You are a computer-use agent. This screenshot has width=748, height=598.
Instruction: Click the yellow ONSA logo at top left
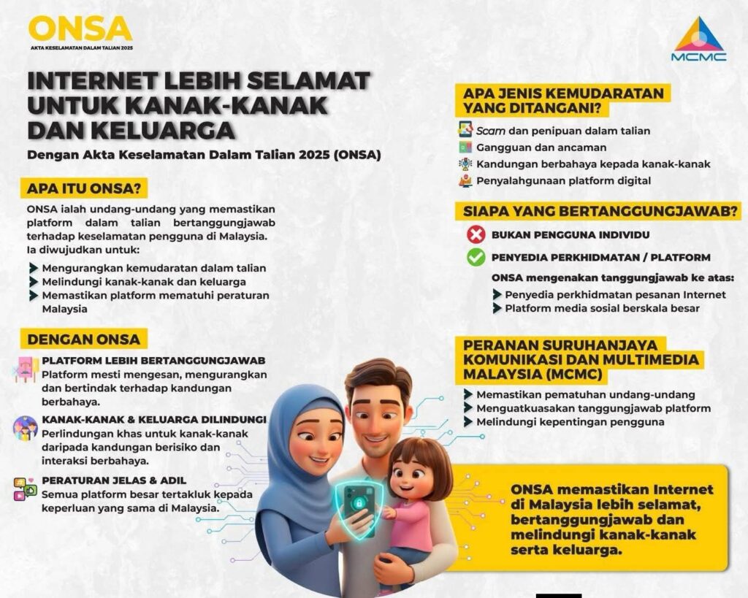(x=80, y=29)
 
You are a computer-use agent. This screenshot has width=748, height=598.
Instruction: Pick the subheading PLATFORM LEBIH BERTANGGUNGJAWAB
(x=153, y=361)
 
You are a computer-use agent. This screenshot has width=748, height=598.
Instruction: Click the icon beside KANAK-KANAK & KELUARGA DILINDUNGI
(x=25, y=428)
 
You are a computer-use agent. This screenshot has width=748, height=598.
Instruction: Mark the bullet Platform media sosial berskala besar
(x=602, y=308)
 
